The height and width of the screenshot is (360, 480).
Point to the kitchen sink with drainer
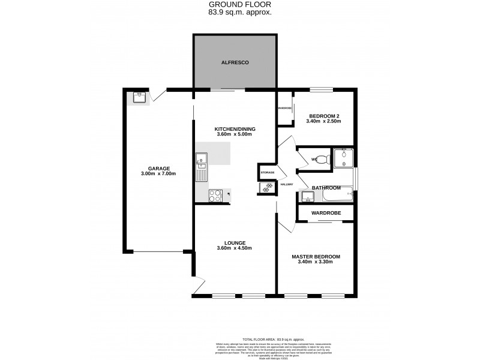coord(201,166)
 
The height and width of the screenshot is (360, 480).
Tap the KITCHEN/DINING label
coord(235,129)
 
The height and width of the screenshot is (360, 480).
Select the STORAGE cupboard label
coord(267,172)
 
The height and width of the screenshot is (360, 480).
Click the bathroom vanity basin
coord(308,196)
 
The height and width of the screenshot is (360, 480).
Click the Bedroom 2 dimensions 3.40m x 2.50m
coord(324,121)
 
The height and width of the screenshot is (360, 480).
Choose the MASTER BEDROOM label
coord(316,257)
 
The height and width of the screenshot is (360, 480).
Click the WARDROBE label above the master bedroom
coord(325,213)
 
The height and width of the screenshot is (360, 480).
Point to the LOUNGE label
coord(235,242)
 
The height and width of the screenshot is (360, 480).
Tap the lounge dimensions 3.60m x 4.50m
coord(235,248)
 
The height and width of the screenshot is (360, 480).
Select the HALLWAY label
coord(287,184)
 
